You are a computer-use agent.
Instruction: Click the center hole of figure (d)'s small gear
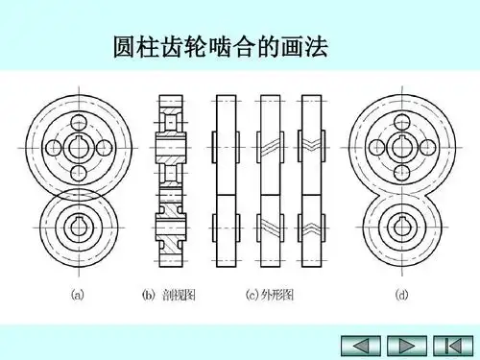pos(402,229)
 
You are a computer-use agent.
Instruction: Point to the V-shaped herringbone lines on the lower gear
pos(312,230)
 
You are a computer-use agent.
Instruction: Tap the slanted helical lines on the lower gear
pos(270,231)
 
